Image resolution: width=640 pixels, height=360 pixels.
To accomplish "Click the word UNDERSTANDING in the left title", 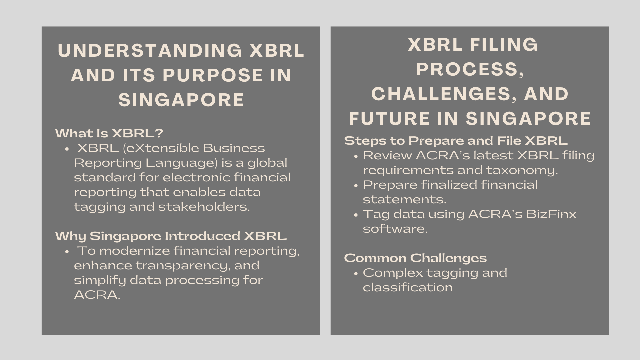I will pos(150,51).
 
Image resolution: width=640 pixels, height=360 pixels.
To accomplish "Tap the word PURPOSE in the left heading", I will pos(213,75).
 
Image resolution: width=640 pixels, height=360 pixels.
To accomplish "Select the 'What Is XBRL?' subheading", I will pos(109,133).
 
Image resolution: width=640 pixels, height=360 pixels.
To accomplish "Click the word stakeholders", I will pos(204,207).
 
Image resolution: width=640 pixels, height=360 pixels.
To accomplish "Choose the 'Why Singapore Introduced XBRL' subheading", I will pos(171,236).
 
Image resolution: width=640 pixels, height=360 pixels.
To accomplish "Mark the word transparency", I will pos(183,265).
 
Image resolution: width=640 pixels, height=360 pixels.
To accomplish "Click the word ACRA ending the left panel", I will pos(97,295).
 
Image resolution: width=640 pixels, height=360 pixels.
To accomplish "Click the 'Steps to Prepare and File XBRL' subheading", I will pos(456,141).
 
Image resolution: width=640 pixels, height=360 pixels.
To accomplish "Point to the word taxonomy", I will pos(522,170).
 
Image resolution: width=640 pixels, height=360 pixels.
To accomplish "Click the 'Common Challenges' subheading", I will pos(415,258).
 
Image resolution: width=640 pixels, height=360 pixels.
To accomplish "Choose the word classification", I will pos(408,287).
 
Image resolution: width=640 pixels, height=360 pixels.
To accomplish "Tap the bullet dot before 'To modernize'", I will pos(67,252).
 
